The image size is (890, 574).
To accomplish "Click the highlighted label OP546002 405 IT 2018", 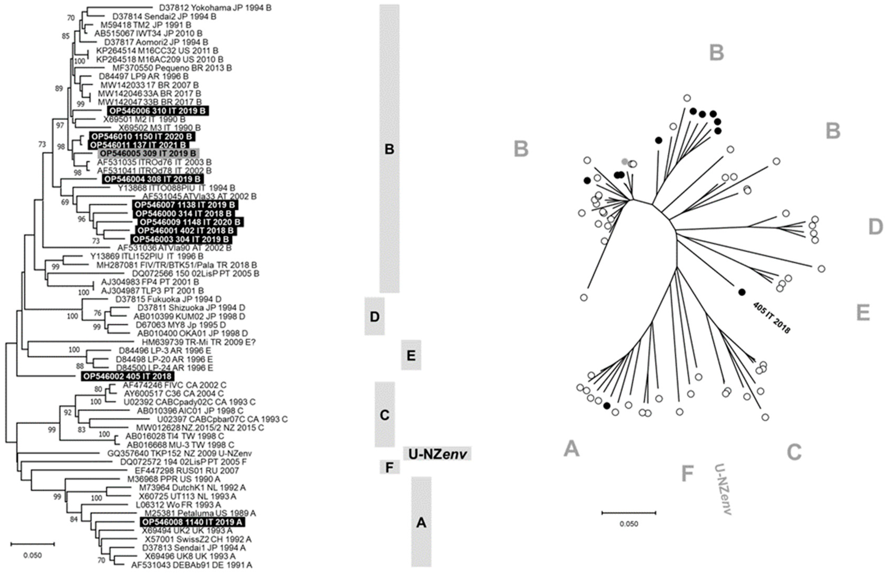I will click(127, 376).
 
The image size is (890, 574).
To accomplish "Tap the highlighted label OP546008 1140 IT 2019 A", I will click(193, 522).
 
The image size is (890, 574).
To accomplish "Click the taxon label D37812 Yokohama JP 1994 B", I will click(215, 8).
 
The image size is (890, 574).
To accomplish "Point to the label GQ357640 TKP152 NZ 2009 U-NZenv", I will click(179, 454).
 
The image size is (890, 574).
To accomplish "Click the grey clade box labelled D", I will click(374, 316).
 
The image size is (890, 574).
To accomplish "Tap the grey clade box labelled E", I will click(411, 355).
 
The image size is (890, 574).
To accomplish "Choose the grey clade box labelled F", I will click(390, 467).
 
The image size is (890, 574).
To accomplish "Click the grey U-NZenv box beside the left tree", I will click(437, 454).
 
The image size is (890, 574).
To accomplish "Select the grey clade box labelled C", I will click(384, 414).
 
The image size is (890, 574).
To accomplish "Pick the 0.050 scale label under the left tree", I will click(32, 555).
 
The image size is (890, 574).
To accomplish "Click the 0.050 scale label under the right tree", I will click(629, 524).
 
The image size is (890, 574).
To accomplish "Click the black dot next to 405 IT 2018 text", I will click(742, 292).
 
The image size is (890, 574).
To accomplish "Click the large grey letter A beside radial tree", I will click(571, 448).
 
